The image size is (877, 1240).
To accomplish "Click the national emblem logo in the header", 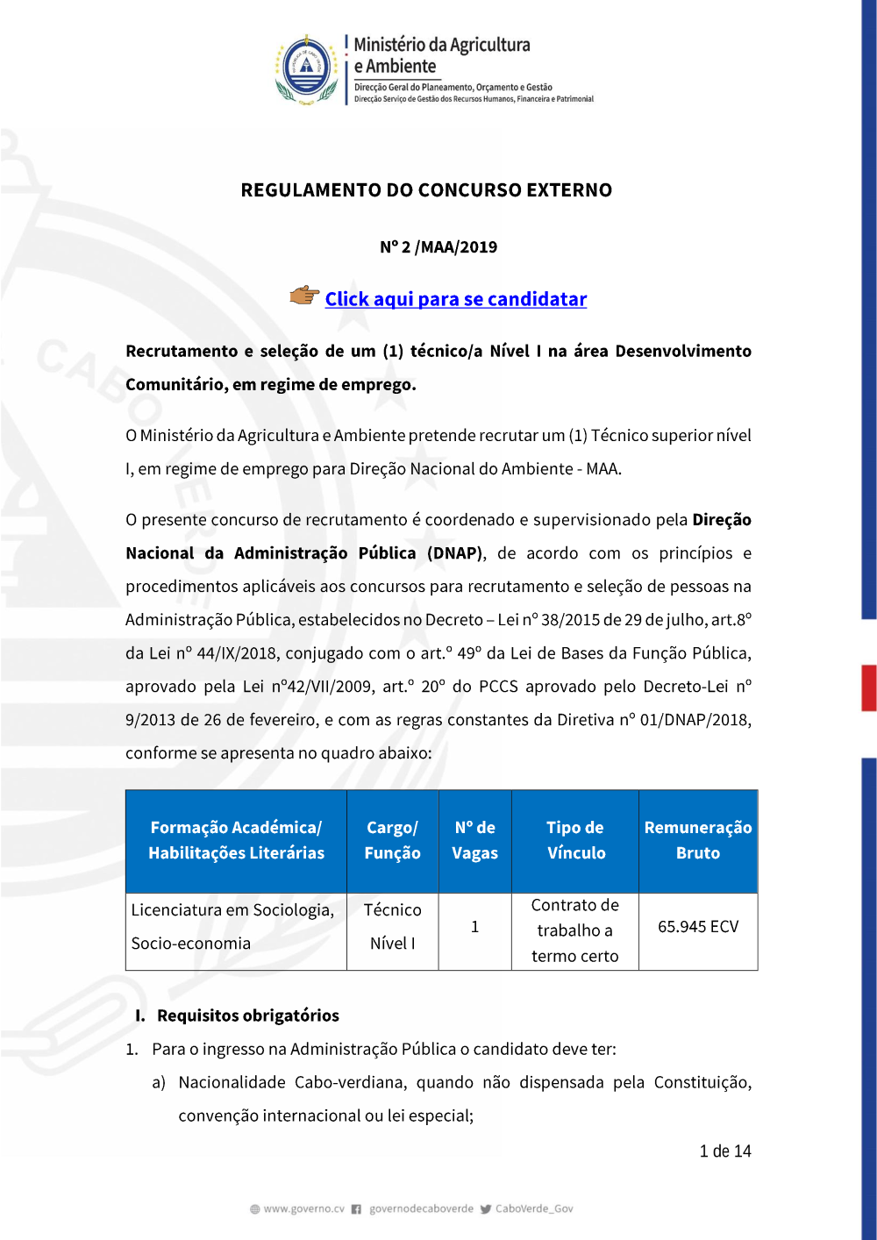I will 306,69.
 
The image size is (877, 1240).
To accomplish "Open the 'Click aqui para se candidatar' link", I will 455,299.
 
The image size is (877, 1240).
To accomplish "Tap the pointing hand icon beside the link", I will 304,296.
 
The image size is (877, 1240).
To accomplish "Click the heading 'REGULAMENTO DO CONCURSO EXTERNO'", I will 426,190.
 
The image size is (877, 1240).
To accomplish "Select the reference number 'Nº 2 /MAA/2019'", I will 438,247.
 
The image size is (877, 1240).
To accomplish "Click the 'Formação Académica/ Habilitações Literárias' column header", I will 236,840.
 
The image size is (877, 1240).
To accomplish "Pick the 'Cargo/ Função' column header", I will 392,840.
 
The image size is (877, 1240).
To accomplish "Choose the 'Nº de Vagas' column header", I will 474,840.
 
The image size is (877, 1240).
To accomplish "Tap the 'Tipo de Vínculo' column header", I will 575,840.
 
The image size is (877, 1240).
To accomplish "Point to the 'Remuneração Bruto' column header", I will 698,840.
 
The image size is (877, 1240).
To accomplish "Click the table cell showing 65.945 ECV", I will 698,927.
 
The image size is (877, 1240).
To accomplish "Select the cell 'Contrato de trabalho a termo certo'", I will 575,930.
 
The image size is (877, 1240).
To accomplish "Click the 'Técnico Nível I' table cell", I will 392,927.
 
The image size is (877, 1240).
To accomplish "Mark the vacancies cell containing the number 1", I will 474,927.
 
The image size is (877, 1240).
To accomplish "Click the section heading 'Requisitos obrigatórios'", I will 247,1016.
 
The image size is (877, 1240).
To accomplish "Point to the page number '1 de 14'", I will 725,1151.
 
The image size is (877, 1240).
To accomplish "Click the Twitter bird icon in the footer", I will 486,1209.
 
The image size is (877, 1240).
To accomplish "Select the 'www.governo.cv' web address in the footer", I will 303,1209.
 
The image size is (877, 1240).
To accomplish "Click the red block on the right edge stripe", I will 869,688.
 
